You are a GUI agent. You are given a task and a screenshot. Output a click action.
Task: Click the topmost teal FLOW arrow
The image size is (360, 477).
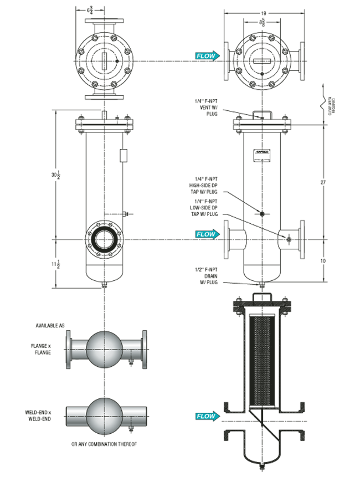[x=207, y=56]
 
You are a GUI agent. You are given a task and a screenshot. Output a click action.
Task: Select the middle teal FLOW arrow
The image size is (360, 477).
[x=207, y=234]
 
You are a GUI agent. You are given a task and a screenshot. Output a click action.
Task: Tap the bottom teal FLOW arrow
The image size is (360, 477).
[x=207, y=416]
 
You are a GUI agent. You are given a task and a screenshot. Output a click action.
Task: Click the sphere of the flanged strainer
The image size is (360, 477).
[x=104, y=349]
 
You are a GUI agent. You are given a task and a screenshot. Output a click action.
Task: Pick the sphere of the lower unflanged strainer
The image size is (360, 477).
[x=104, y=416]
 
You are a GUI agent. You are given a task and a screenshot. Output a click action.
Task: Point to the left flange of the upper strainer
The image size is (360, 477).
[x=69, y=350]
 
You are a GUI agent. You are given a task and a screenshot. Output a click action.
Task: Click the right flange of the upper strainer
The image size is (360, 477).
[x=145, y=350]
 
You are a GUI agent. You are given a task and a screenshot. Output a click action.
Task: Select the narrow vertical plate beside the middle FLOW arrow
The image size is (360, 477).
[x=226, y=239]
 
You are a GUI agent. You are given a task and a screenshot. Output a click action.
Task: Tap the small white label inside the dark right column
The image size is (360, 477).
[x=262, y=155]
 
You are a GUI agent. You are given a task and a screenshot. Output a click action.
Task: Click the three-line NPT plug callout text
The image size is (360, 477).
[x=208, y=275]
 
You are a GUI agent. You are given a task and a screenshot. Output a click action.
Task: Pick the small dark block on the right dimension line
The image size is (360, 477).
[x=331, y=105]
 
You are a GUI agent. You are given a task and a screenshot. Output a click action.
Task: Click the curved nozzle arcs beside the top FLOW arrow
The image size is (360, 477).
[x=235, y=58]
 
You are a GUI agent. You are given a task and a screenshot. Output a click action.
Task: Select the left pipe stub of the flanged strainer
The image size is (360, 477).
[x=78, y=350]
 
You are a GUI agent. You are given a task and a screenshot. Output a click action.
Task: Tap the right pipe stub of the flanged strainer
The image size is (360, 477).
[x=133, y=350]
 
